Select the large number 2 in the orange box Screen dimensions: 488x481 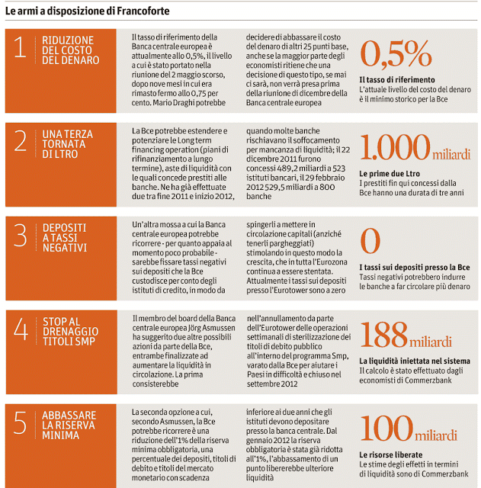tap(21, 142)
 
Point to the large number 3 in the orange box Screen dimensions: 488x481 tap(21, 236)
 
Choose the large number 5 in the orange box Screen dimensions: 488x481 tap(21, 425)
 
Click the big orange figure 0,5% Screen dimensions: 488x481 tap(396, 54)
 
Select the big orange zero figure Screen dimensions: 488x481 tap(370, 242)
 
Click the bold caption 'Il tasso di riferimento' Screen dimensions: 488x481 tap(396, 79)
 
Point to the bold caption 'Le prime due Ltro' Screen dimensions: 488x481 tap(389, 173)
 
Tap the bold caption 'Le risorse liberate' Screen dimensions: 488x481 tap(391, 454)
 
